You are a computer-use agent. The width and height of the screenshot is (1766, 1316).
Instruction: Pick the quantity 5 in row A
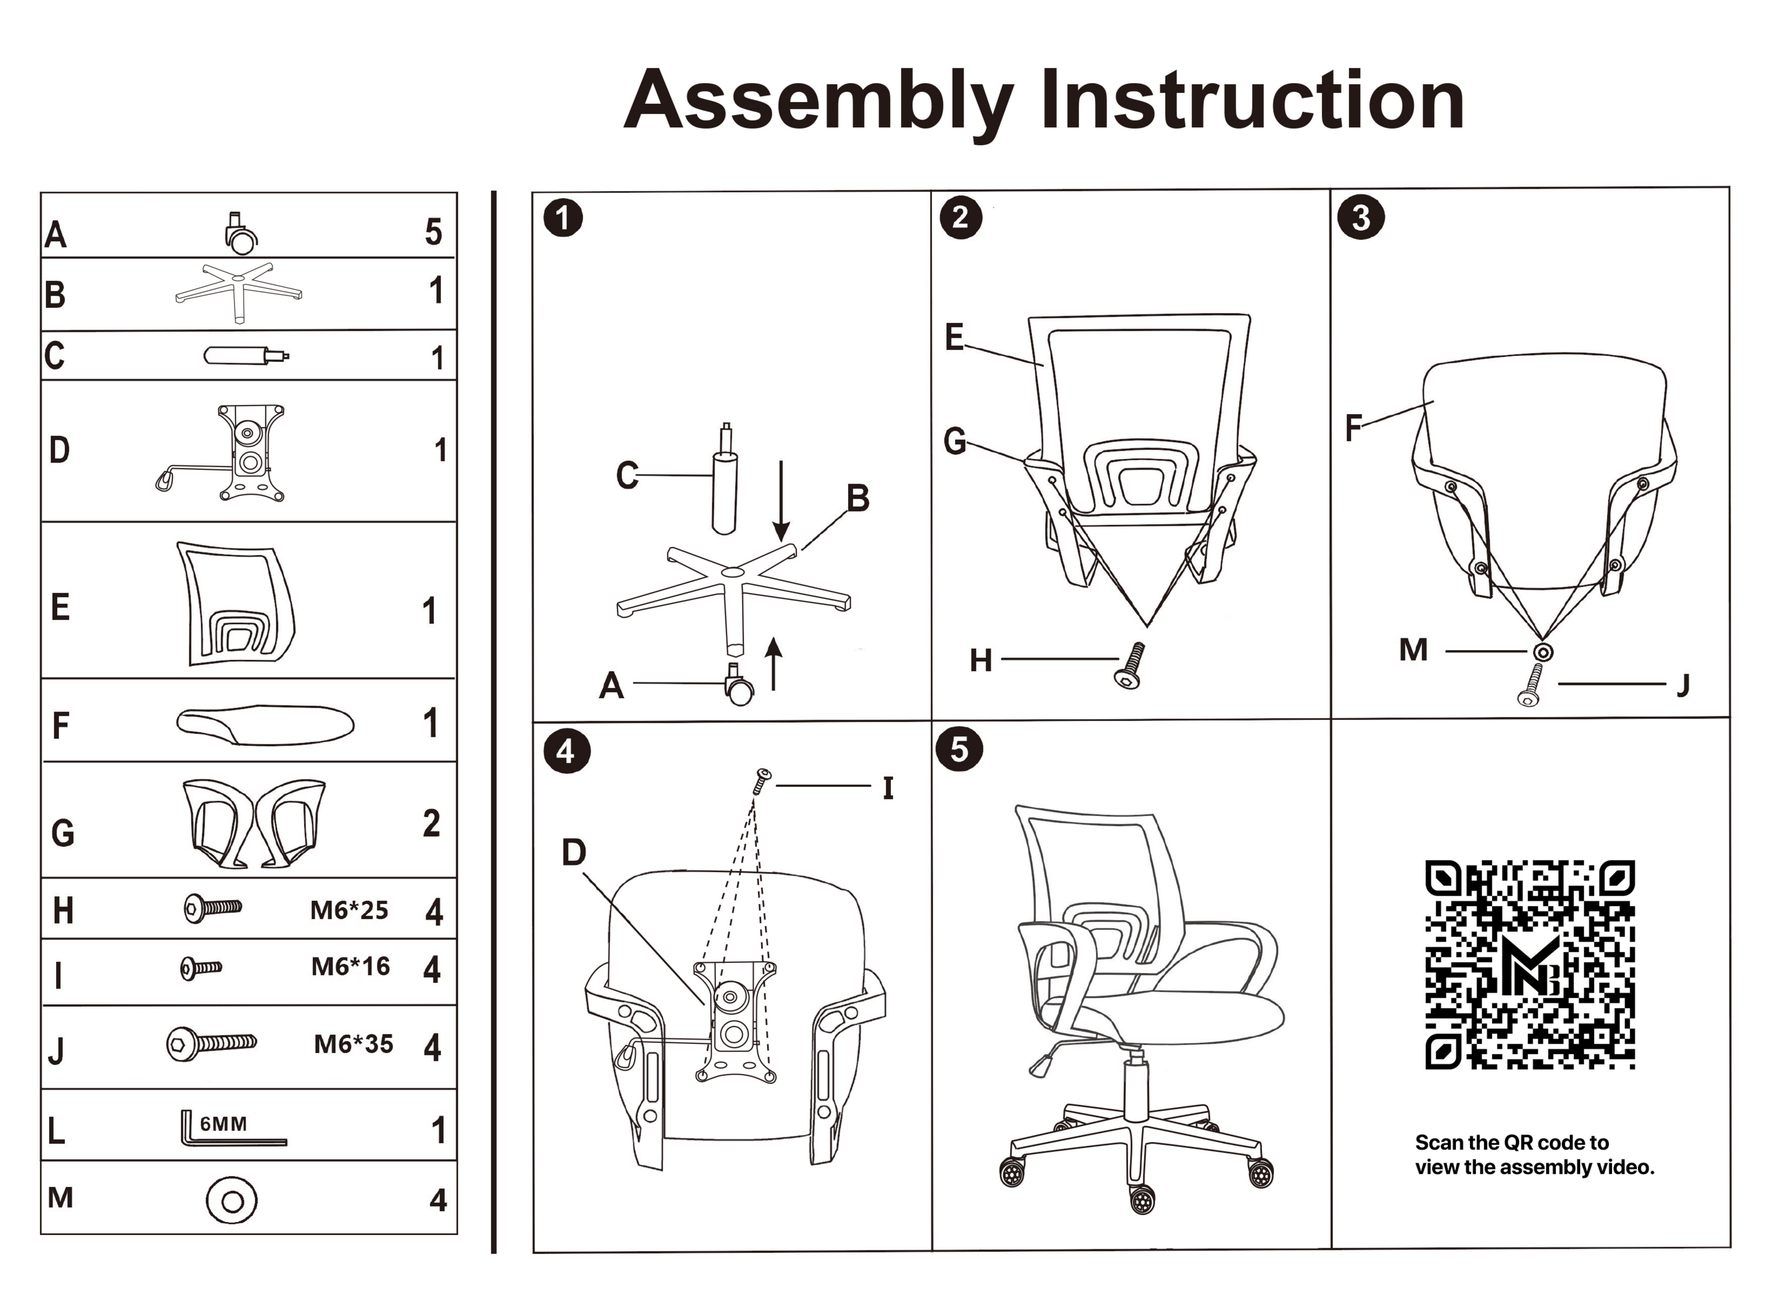pos(433,232)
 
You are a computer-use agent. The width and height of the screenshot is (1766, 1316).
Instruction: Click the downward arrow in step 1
pos(781,500)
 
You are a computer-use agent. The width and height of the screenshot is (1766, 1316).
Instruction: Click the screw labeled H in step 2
pos(1129,666)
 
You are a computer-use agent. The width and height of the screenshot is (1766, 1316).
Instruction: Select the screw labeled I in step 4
pos(761,781)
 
